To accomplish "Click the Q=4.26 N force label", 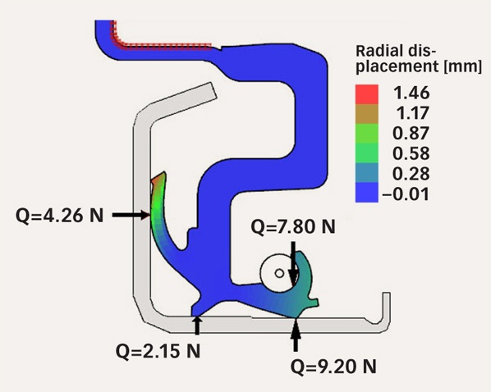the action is pyautogui.click(x=59, y=215).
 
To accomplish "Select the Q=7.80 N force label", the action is pyautogui.click(x=293, y=226).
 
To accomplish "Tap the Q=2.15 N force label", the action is pyautogui.click(x=158, y=351).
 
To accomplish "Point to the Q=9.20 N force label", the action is pyautogui.click(x=333, y=367).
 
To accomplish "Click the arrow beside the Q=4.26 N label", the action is pyautogui.click(x=131, y=215).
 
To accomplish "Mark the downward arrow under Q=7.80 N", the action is pyautogui.click(x=293, y=263).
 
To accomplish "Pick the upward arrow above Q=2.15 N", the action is pyautogui.click(x=197, y=326).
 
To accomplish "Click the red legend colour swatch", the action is pyautogui.click(x=367, y=94).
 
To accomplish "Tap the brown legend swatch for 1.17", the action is pyautogui.click(x=367, y=114).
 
